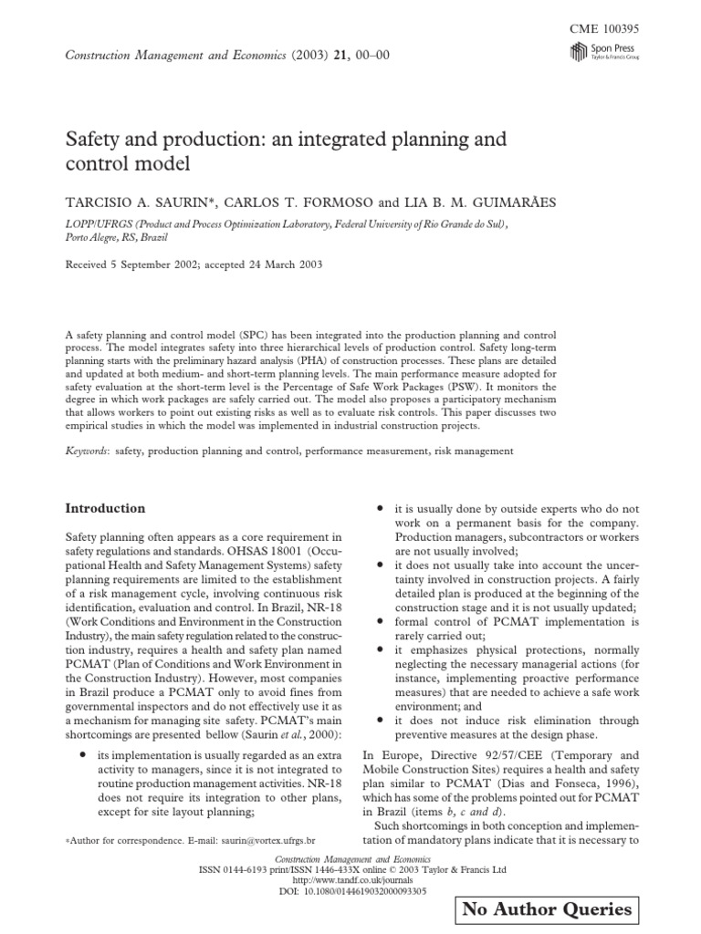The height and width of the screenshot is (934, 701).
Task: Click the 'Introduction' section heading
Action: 106,508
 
